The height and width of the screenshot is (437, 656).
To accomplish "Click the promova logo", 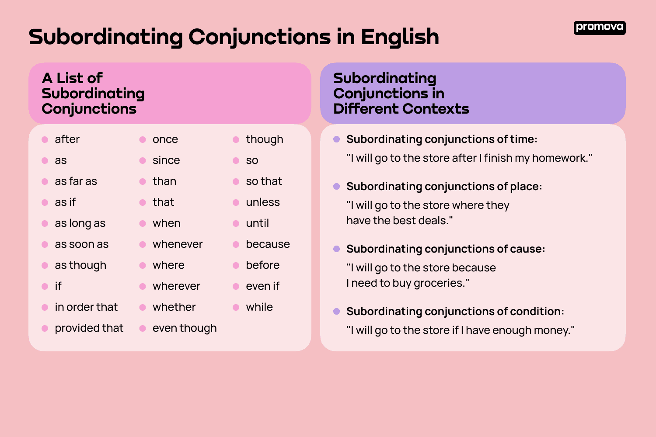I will point(599,28).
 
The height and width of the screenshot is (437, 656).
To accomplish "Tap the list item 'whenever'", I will point(178,244).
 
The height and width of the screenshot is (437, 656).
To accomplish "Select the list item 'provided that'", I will point(89,328).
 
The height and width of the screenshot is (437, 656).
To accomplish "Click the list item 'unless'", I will point(263,202).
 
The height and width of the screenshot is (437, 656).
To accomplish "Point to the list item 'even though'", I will point(185,328).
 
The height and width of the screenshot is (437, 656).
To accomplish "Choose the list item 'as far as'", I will point(76,181).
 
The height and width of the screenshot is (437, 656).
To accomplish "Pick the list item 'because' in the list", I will point(268,244).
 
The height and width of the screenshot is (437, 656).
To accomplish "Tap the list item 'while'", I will point(259,307).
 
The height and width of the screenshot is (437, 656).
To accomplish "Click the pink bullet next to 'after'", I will point(45,139).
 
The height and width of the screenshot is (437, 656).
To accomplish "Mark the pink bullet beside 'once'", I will point(143,139).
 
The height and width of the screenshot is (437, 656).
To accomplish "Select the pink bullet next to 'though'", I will point(236,139).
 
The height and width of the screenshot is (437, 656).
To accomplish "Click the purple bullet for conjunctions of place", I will point(336,187).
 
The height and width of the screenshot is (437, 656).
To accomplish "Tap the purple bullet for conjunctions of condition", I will point(336,312).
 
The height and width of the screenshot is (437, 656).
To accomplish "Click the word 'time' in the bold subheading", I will point(522,139).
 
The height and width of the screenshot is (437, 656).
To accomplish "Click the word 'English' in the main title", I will point(400,37).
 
